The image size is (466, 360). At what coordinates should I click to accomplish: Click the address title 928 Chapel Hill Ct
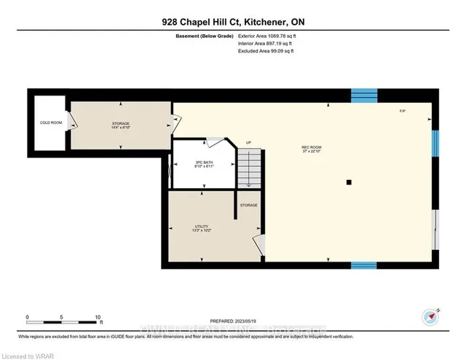pyautogui.click(x=232, y=23)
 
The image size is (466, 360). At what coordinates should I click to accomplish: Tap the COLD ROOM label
pyautogui.click(x=49, y=122)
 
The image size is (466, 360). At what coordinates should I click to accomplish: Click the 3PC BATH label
pyautogui.click(x=193, y=164)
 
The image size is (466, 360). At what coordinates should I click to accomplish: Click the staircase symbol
pyautogui.click(x=250, y=168)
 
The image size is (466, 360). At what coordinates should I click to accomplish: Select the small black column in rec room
pyautogui.click(x=349, y=182)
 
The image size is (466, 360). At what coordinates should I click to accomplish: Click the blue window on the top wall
pyautogui.click(x=364, y=95)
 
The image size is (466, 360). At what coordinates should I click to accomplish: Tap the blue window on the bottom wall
pyautogui.click(x=364, y=265)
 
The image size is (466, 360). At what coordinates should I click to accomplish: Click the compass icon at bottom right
pyautogui.click(x=430, y=318)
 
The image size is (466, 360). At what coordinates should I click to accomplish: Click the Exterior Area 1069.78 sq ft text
pyautogui.click(x=268, y=35)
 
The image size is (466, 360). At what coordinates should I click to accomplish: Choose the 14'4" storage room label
pyautogui.click(x=120, y=125)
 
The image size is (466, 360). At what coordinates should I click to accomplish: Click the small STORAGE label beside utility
pyautogui.click(x=249, y=206)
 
